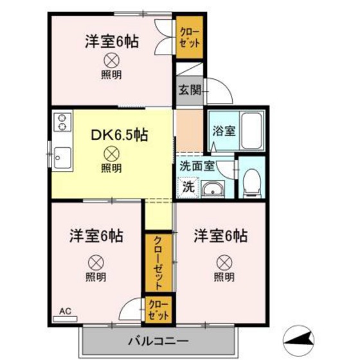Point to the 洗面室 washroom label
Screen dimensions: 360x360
(197, 166)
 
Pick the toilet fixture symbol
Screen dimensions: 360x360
(252, 181)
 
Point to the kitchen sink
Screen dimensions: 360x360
(62, 156)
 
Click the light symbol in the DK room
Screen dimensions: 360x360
(111, 154)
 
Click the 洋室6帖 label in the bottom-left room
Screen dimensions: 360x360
(96, 236)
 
